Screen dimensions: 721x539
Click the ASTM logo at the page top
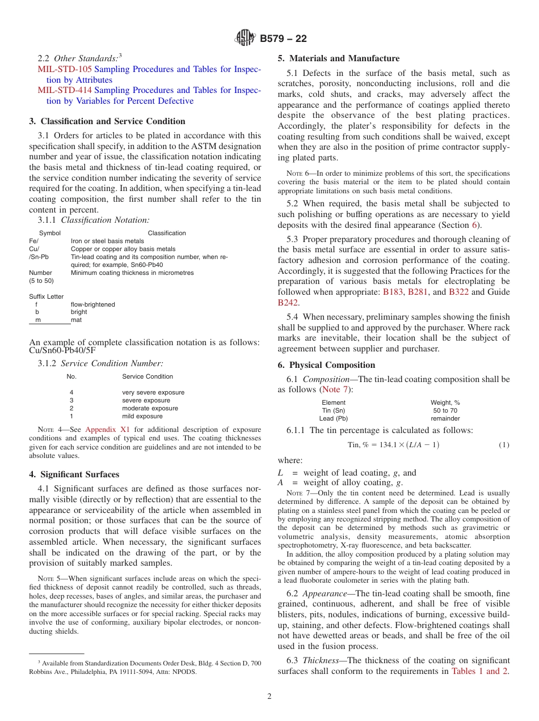(x=246, y=38)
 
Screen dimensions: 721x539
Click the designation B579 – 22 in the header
(x=283, y=39)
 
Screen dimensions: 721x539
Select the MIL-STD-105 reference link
(x=64, y=69)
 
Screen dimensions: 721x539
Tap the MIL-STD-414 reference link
(x=64, y=90)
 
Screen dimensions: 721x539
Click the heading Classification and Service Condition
(x=107, y=121)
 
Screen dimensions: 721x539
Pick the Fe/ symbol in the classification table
(x=33, y=241)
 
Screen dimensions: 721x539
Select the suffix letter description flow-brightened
(x=92, y=304)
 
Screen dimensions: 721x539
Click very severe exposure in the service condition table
(x=153, y=392)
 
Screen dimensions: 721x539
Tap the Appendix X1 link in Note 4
(x=107, y=429)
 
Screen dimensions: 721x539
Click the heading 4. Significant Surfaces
(x=74, y=474)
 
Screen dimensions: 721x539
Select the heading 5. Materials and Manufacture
(x=338, y=58)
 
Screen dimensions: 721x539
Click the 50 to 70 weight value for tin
(x=445, y=410)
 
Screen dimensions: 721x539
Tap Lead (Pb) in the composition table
(x=333, y=418)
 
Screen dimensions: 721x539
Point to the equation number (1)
(x=503, y=445)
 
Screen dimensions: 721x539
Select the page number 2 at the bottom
(x=269, y=697)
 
